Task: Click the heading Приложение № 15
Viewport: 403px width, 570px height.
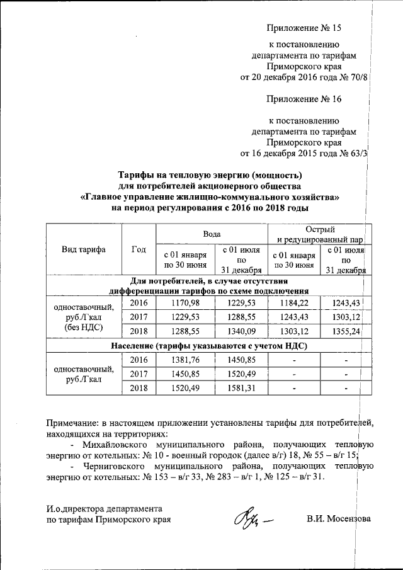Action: coord(304,28)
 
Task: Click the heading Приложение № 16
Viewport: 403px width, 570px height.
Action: coord(304,99)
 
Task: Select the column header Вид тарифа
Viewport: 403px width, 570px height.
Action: coord(83,249)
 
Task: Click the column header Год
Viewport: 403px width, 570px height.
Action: coord(138,249)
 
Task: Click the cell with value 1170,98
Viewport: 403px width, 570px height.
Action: coord(186,304)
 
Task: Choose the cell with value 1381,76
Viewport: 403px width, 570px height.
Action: coord(186,360)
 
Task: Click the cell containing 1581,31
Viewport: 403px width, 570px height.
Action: coord(239,389)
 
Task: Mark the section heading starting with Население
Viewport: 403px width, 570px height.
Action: coord(208,346)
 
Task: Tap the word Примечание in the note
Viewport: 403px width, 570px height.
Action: coord(79,423)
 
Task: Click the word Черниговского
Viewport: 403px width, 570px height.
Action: coord(113,465)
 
